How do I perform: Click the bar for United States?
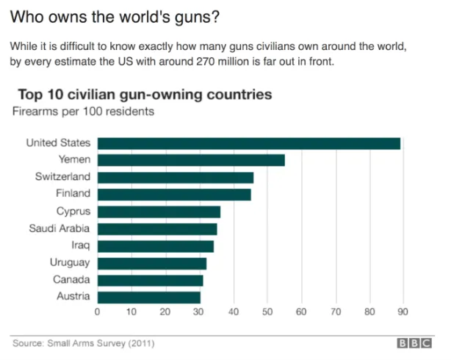(249, 143)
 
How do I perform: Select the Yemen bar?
(191, 160)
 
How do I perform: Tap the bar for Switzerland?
(176, 177)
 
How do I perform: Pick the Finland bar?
(174, 194)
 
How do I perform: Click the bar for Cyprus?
(159, 212)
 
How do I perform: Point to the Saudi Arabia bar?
(157, 228)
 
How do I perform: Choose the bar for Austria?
(149, 297)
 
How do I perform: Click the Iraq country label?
(82, 245)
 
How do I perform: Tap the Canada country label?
(71, 280)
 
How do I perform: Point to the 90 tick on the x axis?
(403, 312)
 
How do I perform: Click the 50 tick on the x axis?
(267, 312)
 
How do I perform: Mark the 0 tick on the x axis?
(98, 312)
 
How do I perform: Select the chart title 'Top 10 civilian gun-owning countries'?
(145, 95)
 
